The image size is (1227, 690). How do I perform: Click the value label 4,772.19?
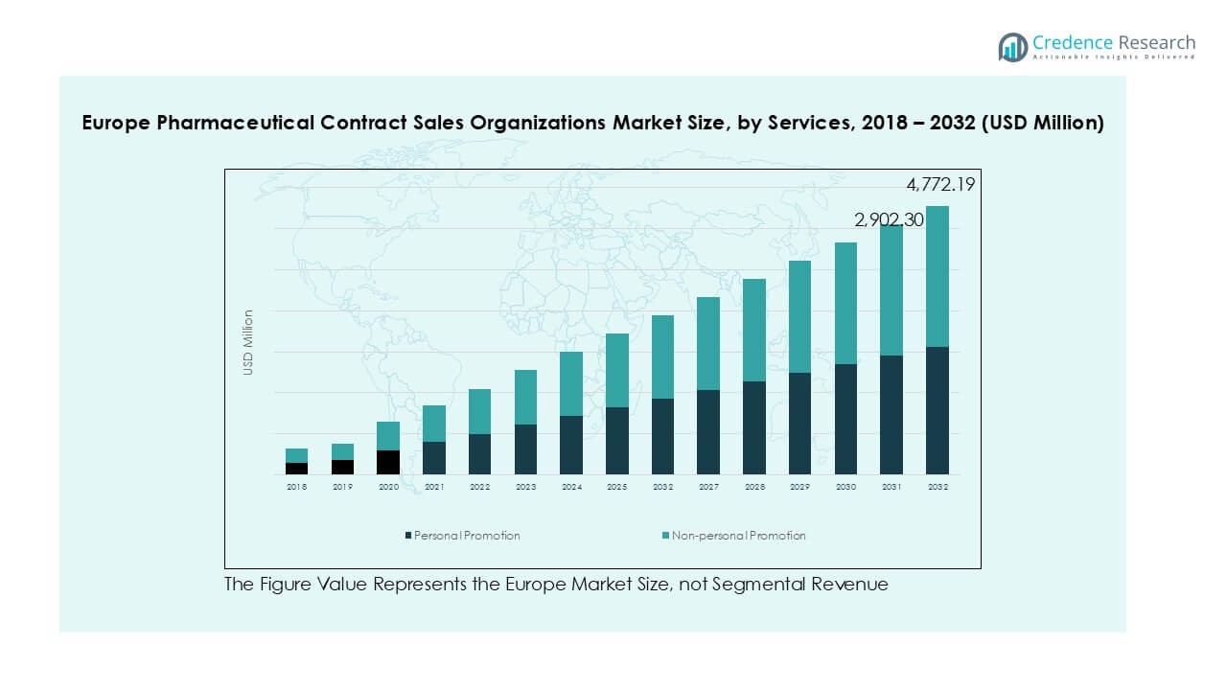click(940, 184)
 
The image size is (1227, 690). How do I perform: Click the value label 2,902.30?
click(890, 219)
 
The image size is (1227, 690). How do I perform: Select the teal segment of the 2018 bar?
click(297, 455)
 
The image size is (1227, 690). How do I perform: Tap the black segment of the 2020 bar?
click(388, 462)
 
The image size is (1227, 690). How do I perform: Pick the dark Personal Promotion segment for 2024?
click(571, 445)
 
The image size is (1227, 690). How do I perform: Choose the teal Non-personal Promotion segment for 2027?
click(708, 343)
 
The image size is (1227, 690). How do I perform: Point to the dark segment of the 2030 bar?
click(845, 419)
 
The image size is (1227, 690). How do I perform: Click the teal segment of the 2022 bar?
click(480, 411)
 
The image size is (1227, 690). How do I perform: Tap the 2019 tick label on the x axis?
click(342, 487)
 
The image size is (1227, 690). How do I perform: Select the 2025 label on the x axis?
click(617, 487)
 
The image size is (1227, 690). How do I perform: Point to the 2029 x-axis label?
click(800, 487)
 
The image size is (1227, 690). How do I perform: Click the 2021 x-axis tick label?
click(434, 487)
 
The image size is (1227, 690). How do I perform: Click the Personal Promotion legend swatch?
click(408, 536)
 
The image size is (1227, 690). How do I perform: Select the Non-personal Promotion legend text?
click(739, 536)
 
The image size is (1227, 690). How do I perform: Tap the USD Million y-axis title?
click(248, 342)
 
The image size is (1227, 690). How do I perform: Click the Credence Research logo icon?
click(1013, 47)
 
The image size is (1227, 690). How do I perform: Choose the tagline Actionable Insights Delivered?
click(1114, 57)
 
